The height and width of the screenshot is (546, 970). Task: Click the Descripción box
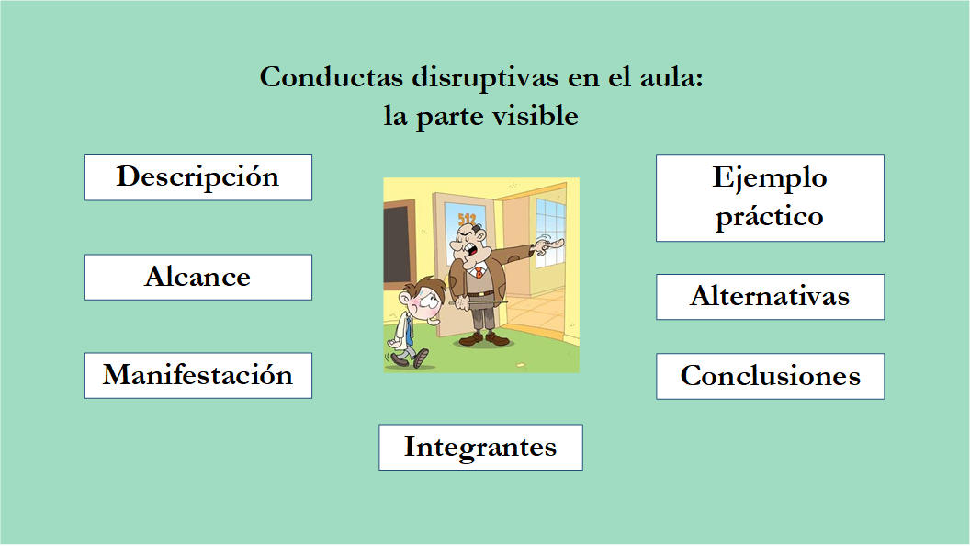[x=197, y=177]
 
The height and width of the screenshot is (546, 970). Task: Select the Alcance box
[x=197, y=277]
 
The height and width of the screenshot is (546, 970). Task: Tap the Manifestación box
[x=197, y=375]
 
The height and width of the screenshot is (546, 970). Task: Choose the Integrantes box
[x=480, y=448]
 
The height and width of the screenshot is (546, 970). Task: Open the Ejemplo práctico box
[x=770, y=198]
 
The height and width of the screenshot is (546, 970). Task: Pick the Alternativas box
[x=770, y=297]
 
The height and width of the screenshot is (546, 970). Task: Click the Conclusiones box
[x=770, y=377]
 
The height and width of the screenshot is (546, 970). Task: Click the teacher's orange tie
[x=477, y=272]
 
